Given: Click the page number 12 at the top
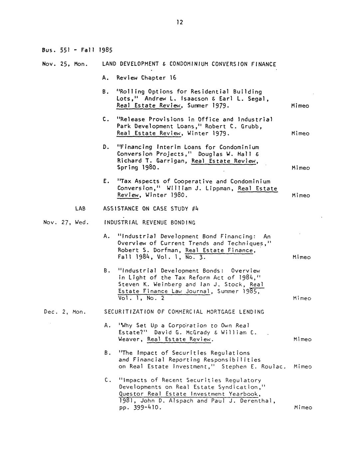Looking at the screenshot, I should (180, 22).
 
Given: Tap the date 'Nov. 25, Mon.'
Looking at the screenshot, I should (65, 64).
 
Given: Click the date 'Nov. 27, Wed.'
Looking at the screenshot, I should (66, 223).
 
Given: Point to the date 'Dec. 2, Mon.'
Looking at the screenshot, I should (65, 312).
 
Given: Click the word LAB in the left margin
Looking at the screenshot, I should (80, 209).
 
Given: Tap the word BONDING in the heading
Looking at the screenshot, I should (185, 223).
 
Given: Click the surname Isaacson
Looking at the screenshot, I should (186, 98).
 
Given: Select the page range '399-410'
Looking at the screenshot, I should (146, 408).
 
